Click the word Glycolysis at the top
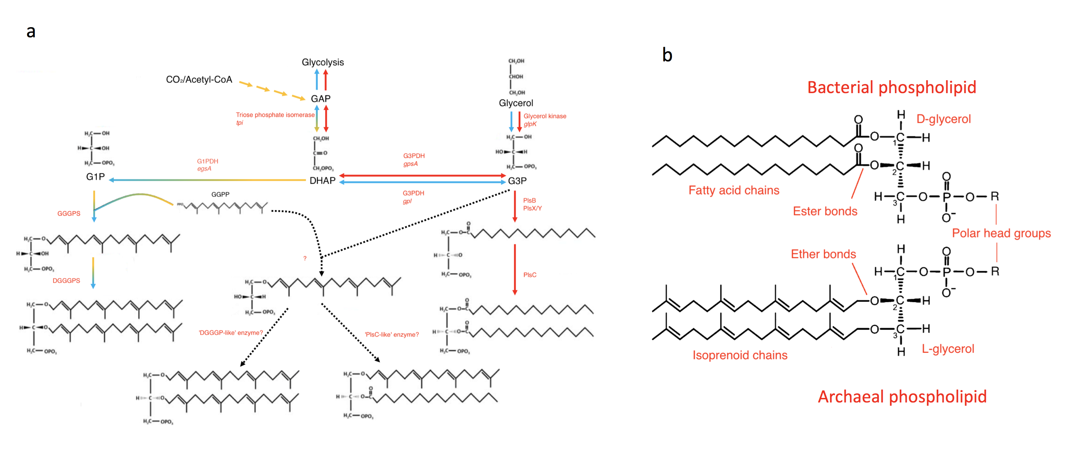click(x=322, y=62)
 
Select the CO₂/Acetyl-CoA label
click(x=199, y=80)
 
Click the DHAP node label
click(x=322, y=181)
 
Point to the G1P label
click(x=95, y=177)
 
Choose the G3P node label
click(x=517, y=181)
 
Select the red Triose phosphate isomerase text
click(x=275, y=115)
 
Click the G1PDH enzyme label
click(x=208, y=161)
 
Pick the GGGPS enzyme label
click(x=69, y=213)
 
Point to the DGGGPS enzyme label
click(x=66, y=280)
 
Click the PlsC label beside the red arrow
click(x=530, y=275)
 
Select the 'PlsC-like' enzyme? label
click(x=391, y=334)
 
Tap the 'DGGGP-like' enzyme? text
click(x=231, y=333)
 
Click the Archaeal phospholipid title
click(x=902, y=397)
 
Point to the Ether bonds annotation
click(x=823, y=254)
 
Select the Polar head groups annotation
click(x=1001, y=233)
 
